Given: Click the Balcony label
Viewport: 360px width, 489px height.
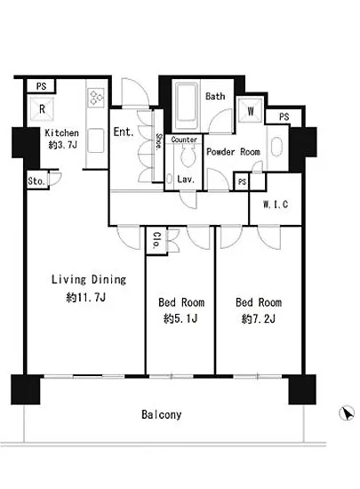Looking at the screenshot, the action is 161,414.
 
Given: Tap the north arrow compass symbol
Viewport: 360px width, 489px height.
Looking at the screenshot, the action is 347,413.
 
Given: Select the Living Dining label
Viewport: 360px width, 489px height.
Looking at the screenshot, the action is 89,279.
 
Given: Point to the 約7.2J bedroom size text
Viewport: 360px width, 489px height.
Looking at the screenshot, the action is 259,318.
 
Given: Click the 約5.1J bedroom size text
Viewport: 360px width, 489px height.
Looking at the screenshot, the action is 180,318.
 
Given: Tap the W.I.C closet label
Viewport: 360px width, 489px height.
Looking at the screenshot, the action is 276,204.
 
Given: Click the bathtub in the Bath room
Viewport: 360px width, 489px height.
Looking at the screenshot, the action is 187,106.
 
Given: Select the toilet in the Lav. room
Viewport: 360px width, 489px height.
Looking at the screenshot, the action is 188,155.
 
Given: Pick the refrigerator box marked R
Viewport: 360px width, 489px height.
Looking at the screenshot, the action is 42,108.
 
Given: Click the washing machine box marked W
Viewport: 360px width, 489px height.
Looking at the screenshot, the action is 251,110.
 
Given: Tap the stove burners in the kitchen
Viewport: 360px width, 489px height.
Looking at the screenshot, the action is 96,97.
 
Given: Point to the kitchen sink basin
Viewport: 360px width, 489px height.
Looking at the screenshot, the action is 96,140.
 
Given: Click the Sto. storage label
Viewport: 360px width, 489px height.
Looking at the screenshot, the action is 36,180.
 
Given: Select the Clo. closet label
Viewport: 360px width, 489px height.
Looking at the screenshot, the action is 157,240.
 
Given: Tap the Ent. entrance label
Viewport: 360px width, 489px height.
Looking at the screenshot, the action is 124,132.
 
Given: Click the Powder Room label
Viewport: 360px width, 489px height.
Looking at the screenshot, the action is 234,152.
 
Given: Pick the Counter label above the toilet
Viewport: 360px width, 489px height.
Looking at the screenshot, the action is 184,140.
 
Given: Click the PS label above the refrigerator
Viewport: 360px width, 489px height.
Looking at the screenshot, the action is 42,86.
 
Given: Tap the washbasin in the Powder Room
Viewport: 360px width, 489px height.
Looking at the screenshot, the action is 276,147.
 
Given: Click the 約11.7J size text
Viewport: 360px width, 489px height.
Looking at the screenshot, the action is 85,297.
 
